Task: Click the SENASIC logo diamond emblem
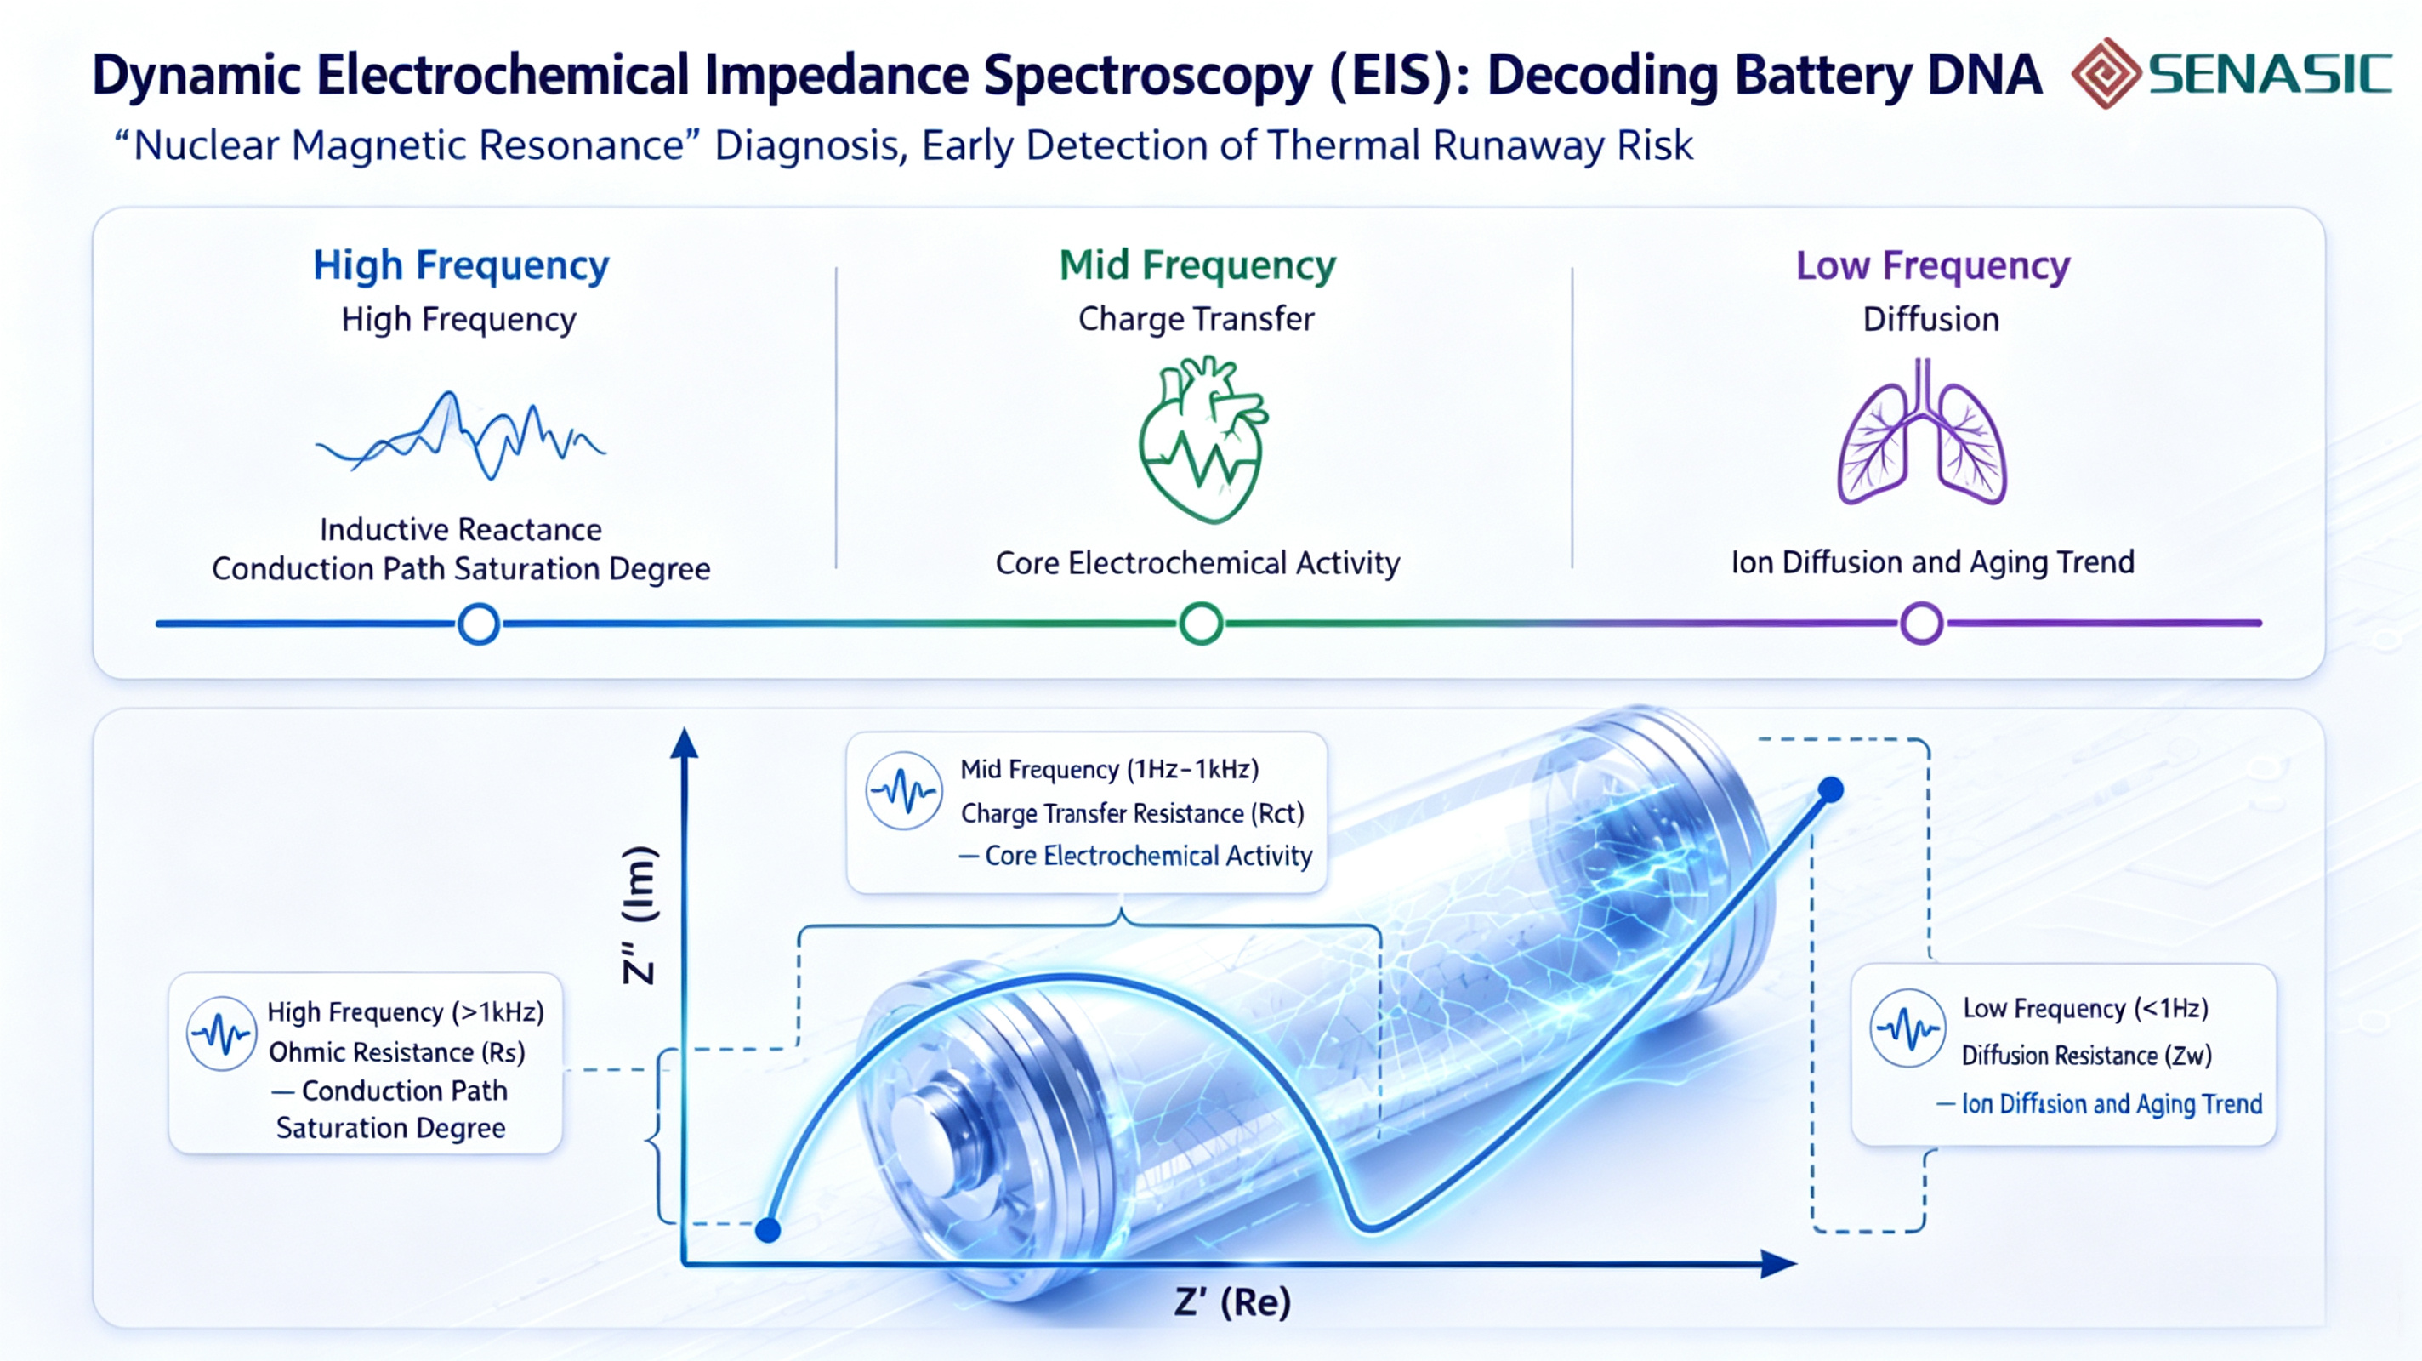[2106, 72]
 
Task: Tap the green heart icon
[1202, 438]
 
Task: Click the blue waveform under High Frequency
[461, 436]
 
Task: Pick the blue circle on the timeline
[479, 624]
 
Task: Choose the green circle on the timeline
[1201, 624]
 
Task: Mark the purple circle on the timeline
[1922, 624]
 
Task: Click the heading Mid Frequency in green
[1197, 265]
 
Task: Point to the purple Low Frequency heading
[1933, 265]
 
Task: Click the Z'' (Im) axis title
[640, 914]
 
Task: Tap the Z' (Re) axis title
[1232, 1302]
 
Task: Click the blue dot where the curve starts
[768, 1229]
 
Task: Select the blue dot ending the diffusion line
[1831, 790]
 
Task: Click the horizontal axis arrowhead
[1779, 1264]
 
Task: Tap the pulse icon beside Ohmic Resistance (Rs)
[222, 1034]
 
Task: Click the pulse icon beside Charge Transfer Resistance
[903, 791]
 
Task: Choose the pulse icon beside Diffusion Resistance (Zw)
[1907, 1028]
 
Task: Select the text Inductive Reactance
[461, 530]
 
